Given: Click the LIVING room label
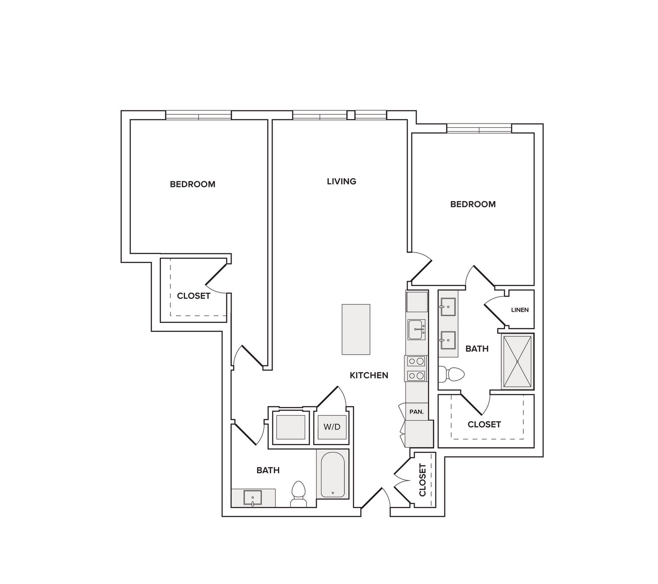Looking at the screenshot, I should click(341, 181).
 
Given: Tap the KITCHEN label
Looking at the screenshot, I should click(369, 376).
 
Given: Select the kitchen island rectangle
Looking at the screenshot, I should click(356, 329).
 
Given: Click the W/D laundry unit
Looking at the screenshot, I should click(332, 427).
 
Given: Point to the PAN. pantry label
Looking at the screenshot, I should click(417, 412).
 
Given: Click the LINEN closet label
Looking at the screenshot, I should click(520, 310).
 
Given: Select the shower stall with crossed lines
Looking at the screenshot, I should click(517, 361).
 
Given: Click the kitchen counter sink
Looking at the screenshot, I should click(417, 330).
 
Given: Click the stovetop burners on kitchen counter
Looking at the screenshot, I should click(416, 369).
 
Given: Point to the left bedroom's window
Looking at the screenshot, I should click(198, 115).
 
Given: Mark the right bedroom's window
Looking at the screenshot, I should click(479, 128).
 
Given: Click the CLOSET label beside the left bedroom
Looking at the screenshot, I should click(193, 296).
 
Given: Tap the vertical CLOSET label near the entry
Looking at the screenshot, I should click(422, 480).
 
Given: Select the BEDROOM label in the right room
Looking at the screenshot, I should click(473, 204).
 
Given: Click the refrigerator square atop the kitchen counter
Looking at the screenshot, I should click(417, 302).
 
